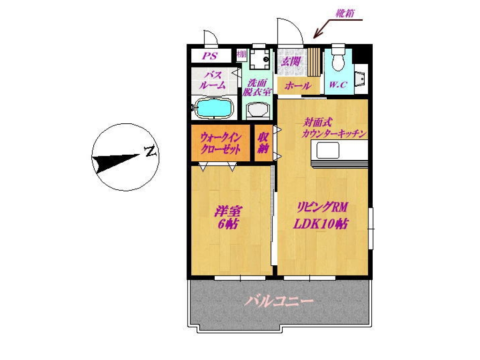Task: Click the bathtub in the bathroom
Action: click(213, 107)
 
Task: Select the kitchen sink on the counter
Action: click(328, 150)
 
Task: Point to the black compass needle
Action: click(118, 162)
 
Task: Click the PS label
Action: click(210, 56)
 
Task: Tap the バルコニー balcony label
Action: click(278, 301)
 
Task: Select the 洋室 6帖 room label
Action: click(228, 217)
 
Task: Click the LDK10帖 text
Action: click(321, 224)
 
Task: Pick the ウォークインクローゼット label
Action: click(220, 142)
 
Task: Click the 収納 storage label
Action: click(263, 143)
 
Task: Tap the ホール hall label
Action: click(298, 85)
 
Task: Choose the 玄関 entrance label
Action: click(291, 61)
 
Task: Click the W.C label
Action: click(338, 84)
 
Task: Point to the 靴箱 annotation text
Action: click(345, 14)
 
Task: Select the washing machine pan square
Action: click(259, 59)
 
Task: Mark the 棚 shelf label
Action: click(241, 54)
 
